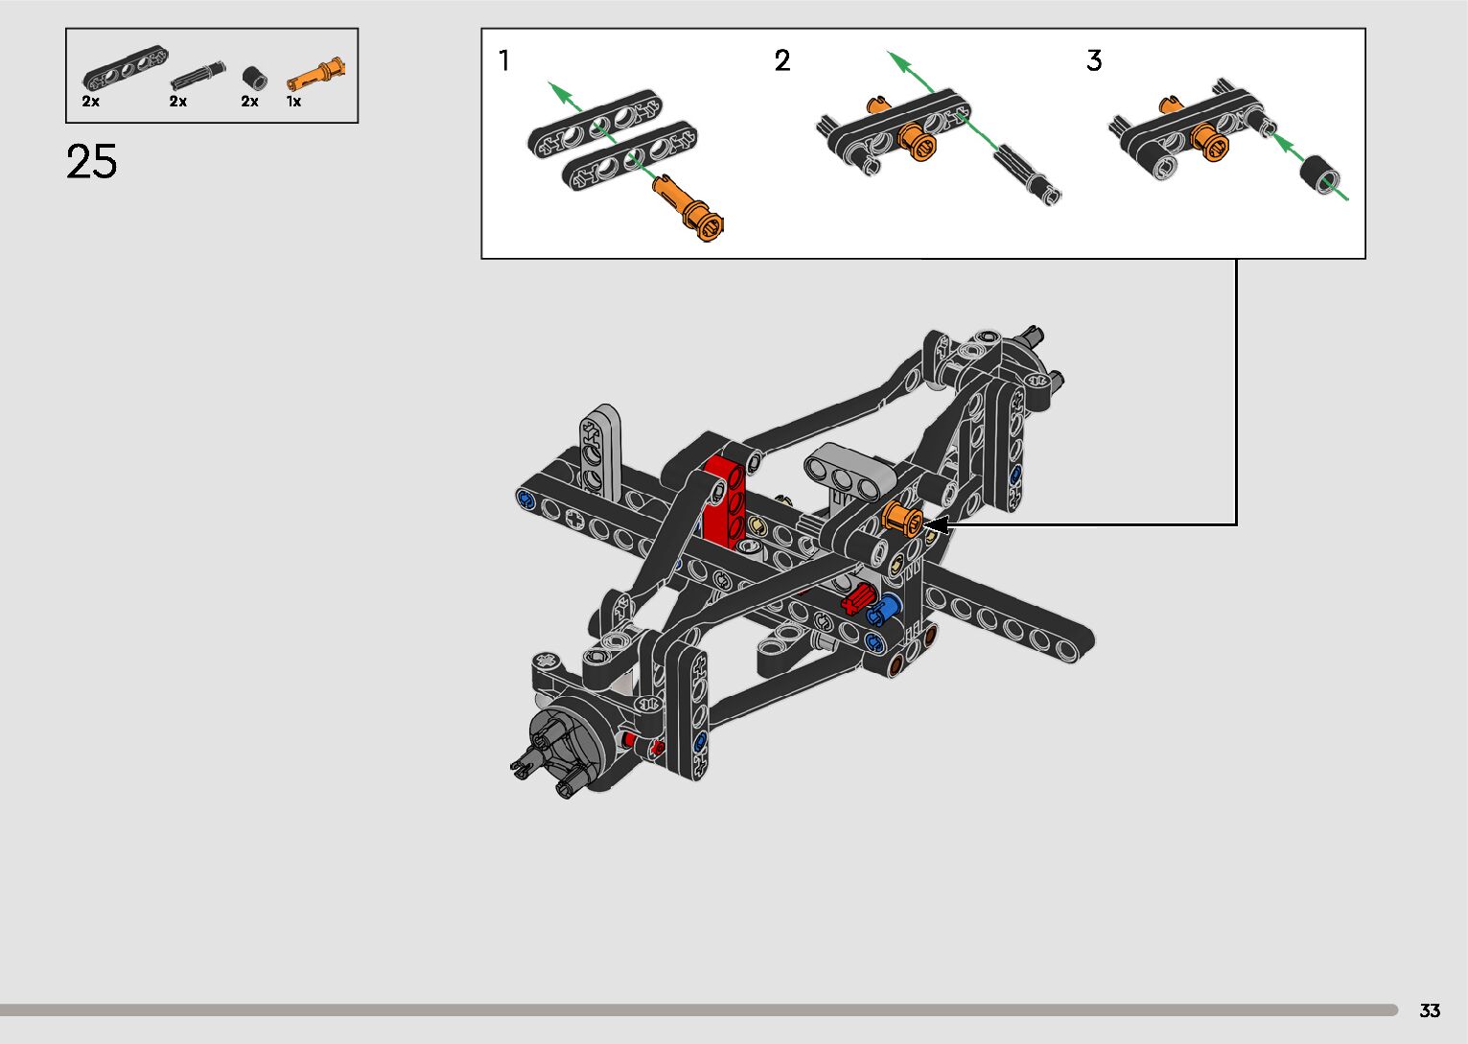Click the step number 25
coord(92,161)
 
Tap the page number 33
coord(1430,1010)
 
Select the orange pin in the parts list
coord(315,74)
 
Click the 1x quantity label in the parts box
coord(293,102)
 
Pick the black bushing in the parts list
coord(255,78)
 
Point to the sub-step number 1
coord(503,60)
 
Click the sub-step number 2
coord(782,60)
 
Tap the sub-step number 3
coord(1094,60)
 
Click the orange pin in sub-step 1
coord(688,207)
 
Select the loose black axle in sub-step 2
coord(1028,175)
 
